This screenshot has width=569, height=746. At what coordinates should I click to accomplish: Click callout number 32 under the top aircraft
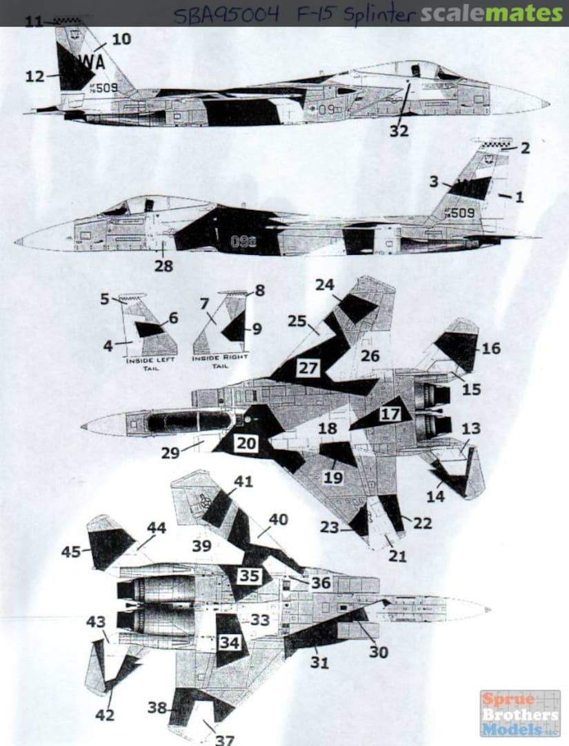pyautogui.click(x=399, y=131)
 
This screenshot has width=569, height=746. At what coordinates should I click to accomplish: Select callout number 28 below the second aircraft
pyautogui.click(x=163, y=266)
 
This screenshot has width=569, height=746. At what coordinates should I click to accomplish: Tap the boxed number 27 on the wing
pyautogui.click(x=308, y=368)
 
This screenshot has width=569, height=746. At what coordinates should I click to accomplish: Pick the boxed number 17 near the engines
pyautogui.click(x=390, y=414)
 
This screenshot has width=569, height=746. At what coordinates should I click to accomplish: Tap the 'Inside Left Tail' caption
pyautogui.click(x=151, y=364)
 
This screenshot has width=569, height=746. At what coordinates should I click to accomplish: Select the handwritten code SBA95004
pyautogui.click(x=228, y=15)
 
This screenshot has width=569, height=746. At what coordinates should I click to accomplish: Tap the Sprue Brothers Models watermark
pyautogui.click(x=521, y=713)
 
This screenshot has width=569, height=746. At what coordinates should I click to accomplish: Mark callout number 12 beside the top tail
pyautogui.click(x=34, y=77)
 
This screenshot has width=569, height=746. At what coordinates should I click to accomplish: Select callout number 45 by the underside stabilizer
pyautogui.click(x=70, y=552)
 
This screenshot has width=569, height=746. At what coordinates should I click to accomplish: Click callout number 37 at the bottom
pyautogui.click(x=225, y=739)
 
